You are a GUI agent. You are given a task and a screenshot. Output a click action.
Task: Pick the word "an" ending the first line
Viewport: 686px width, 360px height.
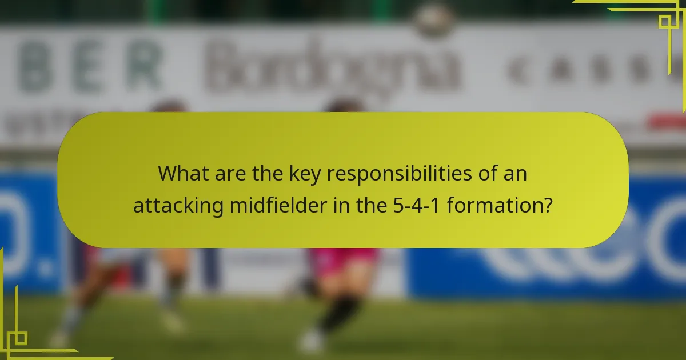(514, 174)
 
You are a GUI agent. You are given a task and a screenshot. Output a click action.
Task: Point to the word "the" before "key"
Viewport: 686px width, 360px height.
(268, 174)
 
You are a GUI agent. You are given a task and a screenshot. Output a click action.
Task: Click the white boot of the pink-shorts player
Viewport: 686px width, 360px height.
(312, 342)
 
